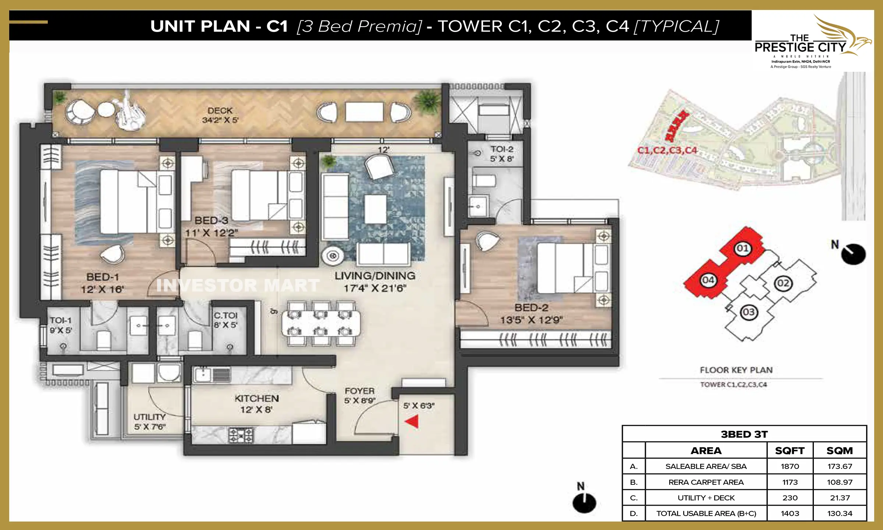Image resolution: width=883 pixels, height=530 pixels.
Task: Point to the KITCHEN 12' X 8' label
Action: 257,404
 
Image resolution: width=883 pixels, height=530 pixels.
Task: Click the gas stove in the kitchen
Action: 241,435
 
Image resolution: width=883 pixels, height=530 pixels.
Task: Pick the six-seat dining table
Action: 321,323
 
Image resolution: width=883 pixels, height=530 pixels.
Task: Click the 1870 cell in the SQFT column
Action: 790,466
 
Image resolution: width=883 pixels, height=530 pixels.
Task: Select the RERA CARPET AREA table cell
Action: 706,482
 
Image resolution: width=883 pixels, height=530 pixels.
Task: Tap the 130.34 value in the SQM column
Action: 840,513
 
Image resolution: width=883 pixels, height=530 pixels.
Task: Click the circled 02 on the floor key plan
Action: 783,283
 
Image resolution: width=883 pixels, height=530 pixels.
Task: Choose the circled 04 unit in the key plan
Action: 708,280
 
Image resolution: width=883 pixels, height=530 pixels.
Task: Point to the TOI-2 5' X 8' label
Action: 501,154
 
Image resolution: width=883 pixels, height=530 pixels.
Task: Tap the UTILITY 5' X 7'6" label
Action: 149,422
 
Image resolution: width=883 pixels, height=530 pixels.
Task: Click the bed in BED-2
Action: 565,268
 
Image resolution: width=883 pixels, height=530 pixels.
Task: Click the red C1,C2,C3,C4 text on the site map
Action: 667,150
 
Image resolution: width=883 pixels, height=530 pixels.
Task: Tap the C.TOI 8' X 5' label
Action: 226,320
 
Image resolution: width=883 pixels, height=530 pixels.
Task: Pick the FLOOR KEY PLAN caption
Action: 736,370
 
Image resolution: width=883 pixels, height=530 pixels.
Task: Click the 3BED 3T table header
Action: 744,434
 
